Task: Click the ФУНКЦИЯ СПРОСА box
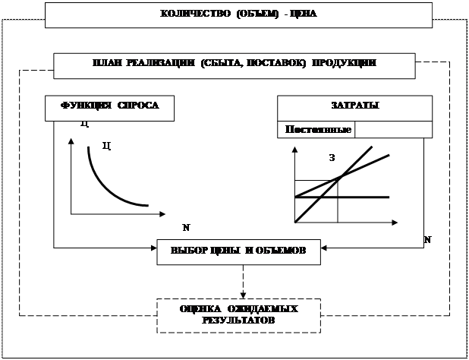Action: click(x=110, y=107)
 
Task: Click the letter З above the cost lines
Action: click(x=332, y=158)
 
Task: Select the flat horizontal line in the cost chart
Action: click(x=364, y=197)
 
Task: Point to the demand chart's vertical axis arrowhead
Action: click(x=71, y=144)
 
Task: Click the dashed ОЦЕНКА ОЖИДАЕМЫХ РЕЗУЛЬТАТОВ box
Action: click(x=238, y=315)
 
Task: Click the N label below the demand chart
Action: click(x=186, y=227)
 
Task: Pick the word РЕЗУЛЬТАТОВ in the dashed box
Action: click(x=238, y=321)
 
